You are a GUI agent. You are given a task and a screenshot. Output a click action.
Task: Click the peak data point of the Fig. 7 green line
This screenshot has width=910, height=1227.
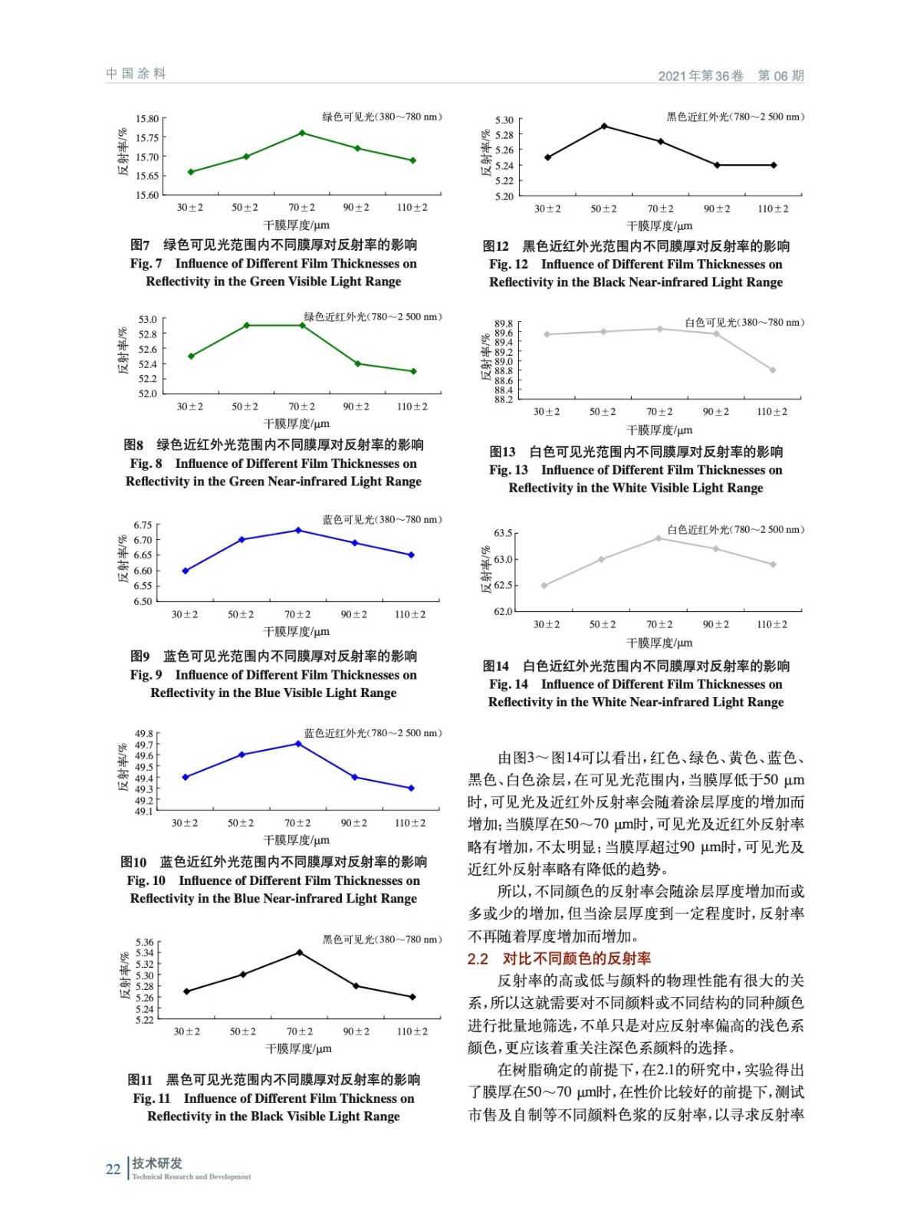coord(302,133)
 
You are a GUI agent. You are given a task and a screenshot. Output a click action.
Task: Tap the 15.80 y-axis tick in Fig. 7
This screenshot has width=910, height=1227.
coord(147,119)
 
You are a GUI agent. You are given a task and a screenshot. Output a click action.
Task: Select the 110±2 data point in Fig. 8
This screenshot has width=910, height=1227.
coord(413,371)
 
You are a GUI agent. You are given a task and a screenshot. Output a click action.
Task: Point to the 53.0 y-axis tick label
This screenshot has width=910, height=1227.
coord(147,319)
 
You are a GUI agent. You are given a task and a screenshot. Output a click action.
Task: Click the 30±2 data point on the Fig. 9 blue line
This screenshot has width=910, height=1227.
coord(186,571)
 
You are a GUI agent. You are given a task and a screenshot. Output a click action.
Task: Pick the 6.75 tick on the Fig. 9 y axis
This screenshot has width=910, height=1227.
coord(143,525)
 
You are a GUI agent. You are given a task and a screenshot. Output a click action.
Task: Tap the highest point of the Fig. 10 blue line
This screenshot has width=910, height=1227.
coord(298,744)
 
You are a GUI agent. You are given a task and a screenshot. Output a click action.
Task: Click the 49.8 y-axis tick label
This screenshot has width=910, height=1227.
coord(143,734)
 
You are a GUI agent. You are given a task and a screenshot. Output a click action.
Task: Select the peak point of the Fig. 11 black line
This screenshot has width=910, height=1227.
coord(299,952)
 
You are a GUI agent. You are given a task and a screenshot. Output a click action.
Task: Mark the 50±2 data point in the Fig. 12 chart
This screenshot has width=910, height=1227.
coord(604,126)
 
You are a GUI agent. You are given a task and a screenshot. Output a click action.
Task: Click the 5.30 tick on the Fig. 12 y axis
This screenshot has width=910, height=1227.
coord(504,120)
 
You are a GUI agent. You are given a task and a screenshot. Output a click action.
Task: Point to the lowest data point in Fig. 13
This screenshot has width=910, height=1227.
coord(773,370)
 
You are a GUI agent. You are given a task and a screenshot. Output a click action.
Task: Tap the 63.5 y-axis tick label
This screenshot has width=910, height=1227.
coord(503,533)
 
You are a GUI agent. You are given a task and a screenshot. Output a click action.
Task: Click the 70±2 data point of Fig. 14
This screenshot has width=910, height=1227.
coord(659,538)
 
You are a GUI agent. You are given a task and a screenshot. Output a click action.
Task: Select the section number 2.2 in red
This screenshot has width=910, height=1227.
coord(478,959)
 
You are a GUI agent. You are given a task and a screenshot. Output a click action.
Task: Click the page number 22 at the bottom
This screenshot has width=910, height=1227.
coord(113,1169)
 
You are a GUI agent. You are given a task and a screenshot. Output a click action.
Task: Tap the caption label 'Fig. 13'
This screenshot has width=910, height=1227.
coord(508,470)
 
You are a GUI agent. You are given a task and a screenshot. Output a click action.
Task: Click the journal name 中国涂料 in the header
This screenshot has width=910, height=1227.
coord(136,74)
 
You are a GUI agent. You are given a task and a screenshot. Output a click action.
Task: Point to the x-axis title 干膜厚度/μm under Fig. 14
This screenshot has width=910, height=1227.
coord(659,643)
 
